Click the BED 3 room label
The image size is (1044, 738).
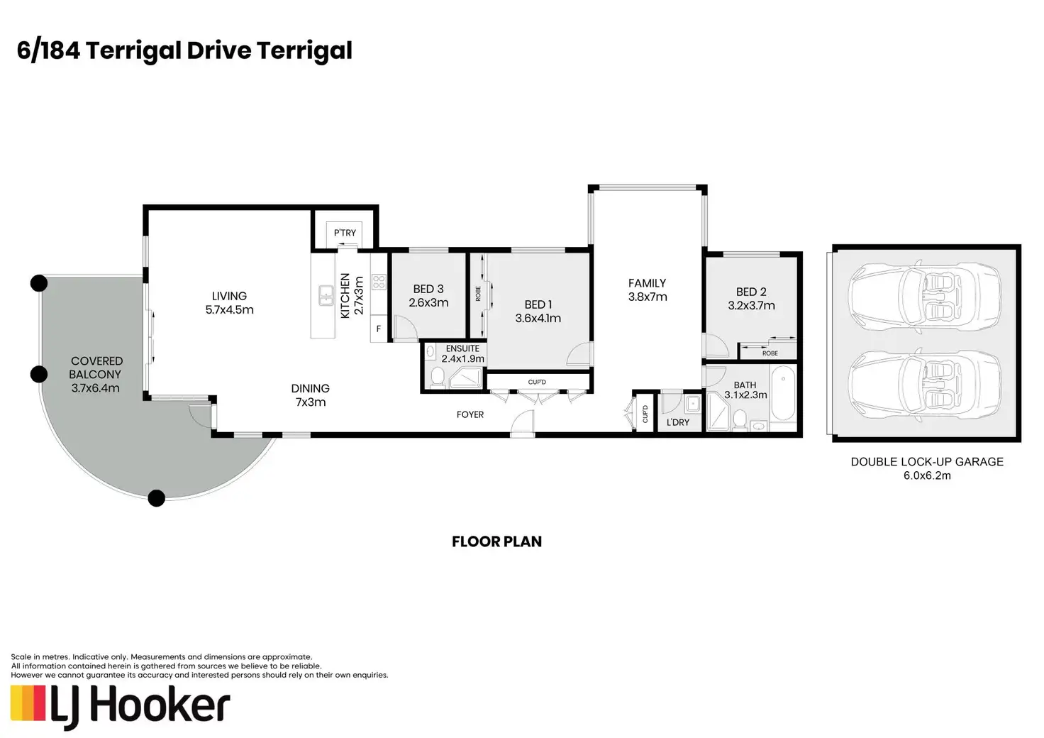tap(428, 289)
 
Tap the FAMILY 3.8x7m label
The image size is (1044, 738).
tap(648, 290)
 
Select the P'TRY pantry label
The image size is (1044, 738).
tap(345, 233)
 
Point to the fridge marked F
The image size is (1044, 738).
tap(379, 329)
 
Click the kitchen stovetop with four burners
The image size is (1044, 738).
tap(379, 282)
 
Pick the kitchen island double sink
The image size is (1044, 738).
tap(326, 296)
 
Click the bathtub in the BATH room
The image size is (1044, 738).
tap(783, 393)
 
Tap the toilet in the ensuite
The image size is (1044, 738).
tap(437, 377)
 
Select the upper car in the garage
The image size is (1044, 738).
tap(924, 297)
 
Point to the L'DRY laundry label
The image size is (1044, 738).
tap(677, 422)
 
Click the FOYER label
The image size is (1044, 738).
tap(470, 414)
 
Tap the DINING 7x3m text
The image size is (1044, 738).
tap(311, 395)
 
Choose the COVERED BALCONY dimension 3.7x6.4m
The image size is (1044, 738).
tap(96, 388)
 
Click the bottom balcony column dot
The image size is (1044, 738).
tap(157, 498)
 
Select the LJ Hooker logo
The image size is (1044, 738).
tap(121, 707)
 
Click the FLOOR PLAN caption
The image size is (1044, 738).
tap(497, 541)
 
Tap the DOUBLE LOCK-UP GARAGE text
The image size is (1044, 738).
tap(927, 462)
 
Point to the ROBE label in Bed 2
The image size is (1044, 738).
tap(770, 353)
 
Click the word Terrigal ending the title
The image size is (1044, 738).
tap(304, 51)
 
